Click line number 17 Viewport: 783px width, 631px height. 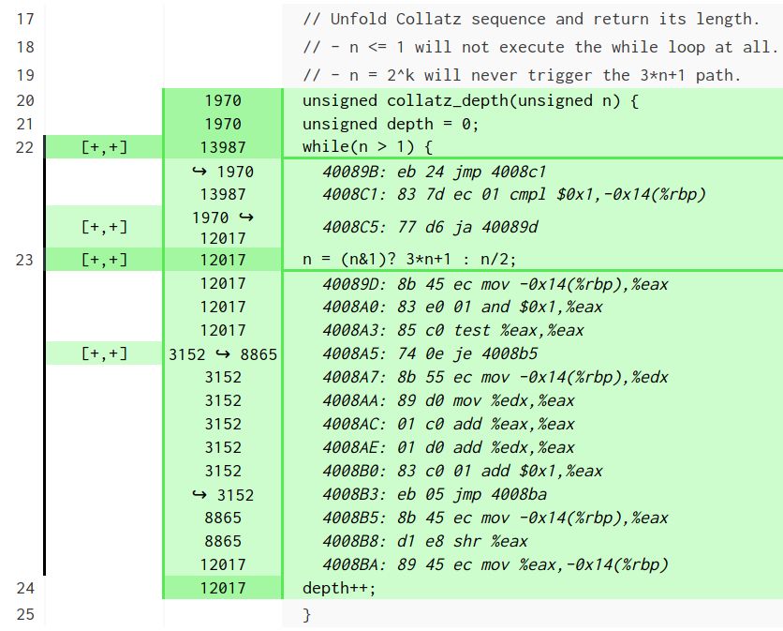[25, 19]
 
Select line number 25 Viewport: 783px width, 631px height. [25, 614]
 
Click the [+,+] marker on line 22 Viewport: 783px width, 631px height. [104, 146]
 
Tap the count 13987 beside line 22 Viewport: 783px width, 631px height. [223, 146]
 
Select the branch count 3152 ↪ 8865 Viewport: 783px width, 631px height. [223, 353]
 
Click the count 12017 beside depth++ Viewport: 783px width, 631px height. [223, 589]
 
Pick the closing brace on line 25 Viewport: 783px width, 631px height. [306, 614]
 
